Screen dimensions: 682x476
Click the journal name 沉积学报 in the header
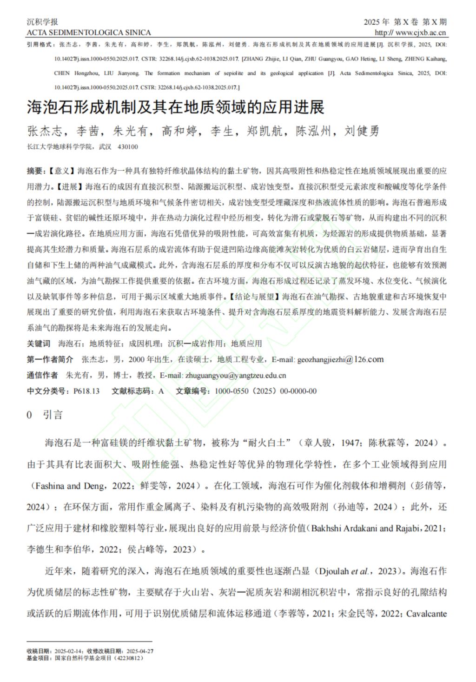click(x=42, y=22)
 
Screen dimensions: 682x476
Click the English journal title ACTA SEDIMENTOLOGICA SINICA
click(x=89, y=33)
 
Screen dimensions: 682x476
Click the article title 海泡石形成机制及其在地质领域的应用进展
click(x=175, y=107)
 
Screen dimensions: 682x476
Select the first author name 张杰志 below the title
click(x=45, y=132)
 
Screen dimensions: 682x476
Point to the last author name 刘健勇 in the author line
click(x=362, y=132)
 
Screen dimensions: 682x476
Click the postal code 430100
click(x=128, y=147)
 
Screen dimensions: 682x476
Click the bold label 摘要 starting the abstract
click(x=35, y=171)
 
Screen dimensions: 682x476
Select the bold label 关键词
click(x=39, y=344)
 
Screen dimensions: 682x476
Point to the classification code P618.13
click(x=86, y=391)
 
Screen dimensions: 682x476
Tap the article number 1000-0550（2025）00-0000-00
click(x=265, y=391)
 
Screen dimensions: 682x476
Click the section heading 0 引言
click(x=45, y=415)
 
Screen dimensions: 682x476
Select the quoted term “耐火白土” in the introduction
click(x=264, y=443)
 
